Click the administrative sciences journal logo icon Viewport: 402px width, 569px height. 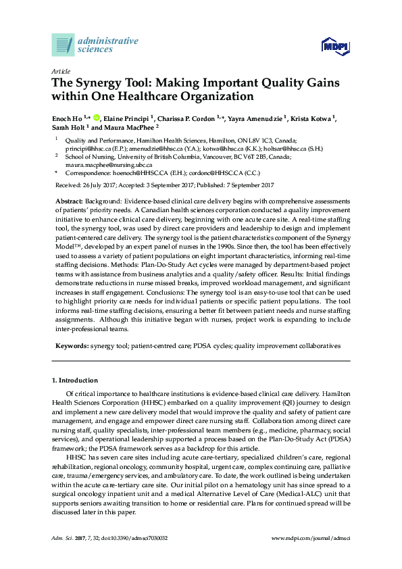point(63,45)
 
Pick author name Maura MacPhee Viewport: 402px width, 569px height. point(114,127)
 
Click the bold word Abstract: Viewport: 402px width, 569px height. point(68,201)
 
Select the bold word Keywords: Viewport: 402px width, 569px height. point(72,345)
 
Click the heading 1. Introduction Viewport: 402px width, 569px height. point(75,380)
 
